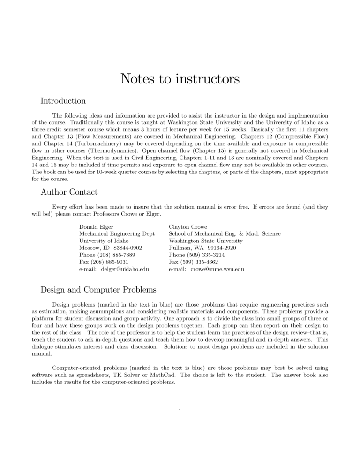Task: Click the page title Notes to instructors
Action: click(x=180, y=78)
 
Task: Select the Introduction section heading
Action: click(x=63, y=101)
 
